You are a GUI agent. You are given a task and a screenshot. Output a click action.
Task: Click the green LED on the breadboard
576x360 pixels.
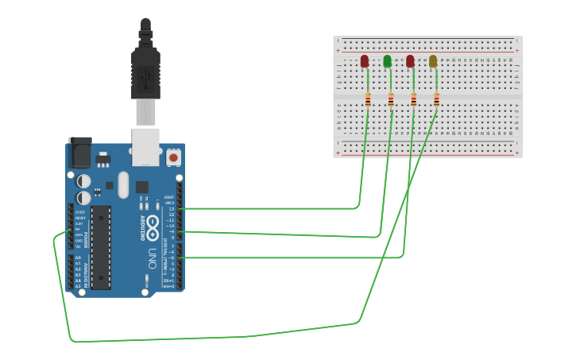click(x=387, y=61)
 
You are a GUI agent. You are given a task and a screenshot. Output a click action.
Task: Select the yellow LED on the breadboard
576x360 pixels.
click(x=433, y=61)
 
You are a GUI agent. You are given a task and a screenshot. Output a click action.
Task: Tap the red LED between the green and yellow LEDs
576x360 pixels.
click(x=410, y=61)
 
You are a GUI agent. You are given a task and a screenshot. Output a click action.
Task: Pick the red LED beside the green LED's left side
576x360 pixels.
click(x=365, y=61)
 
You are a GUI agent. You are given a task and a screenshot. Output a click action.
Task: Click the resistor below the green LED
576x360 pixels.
click(x=390, y=99)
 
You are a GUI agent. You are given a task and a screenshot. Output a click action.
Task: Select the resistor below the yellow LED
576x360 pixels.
click(x=436, y=99)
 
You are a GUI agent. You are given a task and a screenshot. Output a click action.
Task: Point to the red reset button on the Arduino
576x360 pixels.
click(x=173, y=157)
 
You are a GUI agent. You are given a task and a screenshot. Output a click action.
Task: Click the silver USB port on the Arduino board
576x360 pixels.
click(x=145, y=146)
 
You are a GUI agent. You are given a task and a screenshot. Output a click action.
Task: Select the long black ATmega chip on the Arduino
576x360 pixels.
click(x=101, y=247)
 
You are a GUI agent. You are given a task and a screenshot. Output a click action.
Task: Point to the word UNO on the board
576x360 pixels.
click(x=151, y=258)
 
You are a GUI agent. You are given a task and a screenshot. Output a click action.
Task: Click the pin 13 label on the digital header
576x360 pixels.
click(x=171, y=208)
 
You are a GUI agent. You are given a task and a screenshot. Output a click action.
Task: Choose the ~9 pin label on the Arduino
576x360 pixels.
click(x=171, y=231)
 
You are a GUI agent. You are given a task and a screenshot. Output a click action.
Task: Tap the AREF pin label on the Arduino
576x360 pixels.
click(x=169, y=197)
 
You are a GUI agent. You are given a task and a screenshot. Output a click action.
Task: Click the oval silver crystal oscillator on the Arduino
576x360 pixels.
click(x=123, y=184)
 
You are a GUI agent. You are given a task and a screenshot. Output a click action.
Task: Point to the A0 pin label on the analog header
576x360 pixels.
click(x=78, y=258)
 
